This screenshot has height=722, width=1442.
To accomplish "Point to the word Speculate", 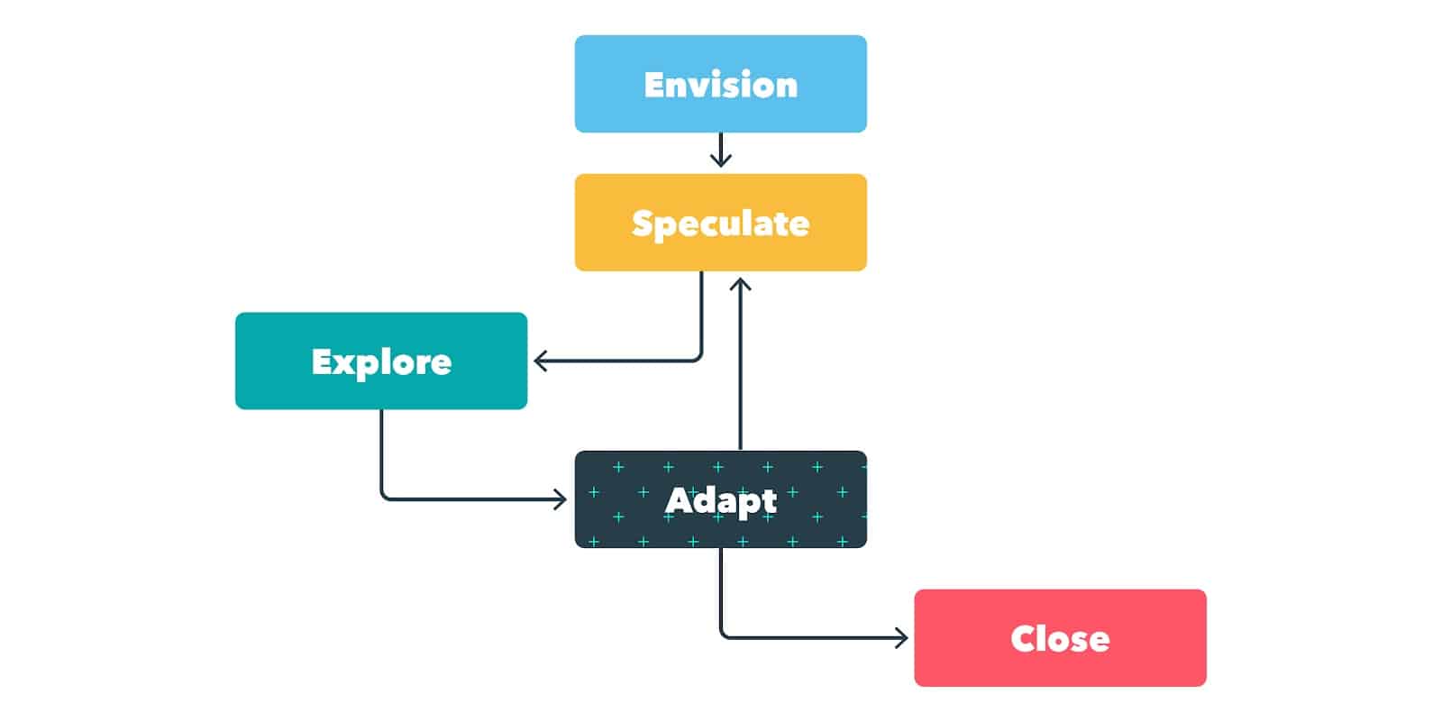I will [x=720, y=224].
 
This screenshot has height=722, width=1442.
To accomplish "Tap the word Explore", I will [x=381, y=362].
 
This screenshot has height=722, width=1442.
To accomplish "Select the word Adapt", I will [x=720, y=500].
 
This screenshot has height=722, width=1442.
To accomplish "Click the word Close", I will [x=1060, y=639].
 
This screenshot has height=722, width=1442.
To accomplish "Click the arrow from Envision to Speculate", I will [x=720, y=151].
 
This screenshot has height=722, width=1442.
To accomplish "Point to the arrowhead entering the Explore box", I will [x=539, y=361].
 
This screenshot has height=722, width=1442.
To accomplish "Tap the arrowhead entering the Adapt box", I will [x=561, y=498].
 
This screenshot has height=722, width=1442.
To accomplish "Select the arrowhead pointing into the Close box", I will [x=901, y=638].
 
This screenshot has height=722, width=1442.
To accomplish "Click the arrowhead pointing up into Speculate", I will [x=740, y=284].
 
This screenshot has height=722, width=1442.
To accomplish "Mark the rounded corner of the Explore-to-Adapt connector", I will [x=384, y=496].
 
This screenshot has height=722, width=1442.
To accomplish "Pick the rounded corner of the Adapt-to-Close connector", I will [x=723, y=635].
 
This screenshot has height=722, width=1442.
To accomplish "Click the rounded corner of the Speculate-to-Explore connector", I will [x=698, y=359].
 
